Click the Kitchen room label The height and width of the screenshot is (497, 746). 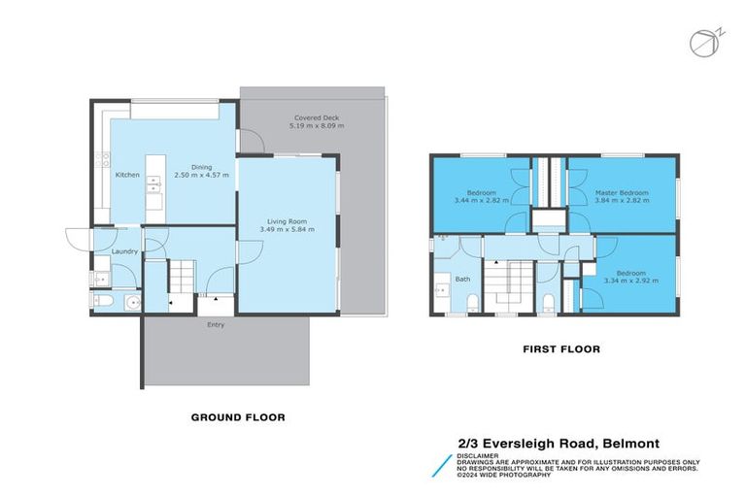pos(128,175)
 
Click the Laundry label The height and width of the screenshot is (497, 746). pos(124,251)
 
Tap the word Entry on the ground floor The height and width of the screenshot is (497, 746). pos(216,324)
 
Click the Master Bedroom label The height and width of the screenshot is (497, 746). pos(621,193)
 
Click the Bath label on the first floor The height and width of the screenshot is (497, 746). pos(462,280)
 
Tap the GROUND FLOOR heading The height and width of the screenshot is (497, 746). pos(238,417)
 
